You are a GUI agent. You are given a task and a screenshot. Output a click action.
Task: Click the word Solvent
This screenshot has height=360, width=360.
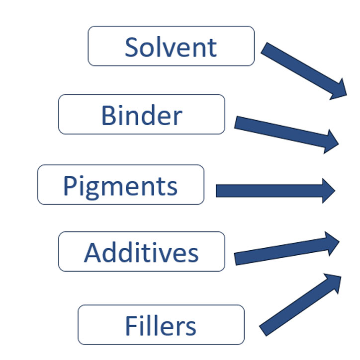click(x=171, y=47)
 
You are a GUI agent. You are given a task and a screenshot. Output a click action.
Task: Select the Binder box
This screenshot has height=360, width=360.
click(x=142, y=114)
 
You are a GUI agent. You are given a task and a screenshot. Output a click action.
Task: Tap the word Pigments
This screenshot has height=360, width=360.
click(x=120, y=186)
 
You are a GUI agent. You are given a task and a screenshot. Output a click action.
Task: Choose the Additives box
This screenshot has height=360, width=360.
click(x=142, y=252)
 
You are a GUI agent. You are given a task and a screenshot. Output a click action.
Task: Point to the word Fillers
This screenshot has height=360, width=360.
click(x=161, y=326)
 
